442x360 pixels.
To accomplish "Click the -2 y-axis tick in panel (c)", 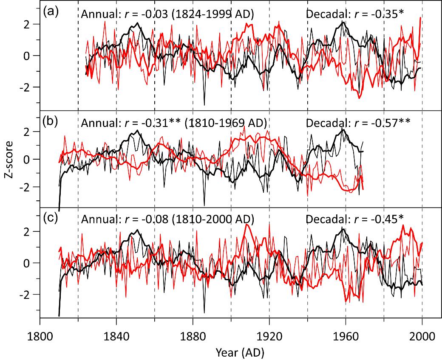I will click(26, 295).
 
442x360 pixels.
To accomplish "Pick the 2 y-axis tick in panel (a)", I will click(29, 24).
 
